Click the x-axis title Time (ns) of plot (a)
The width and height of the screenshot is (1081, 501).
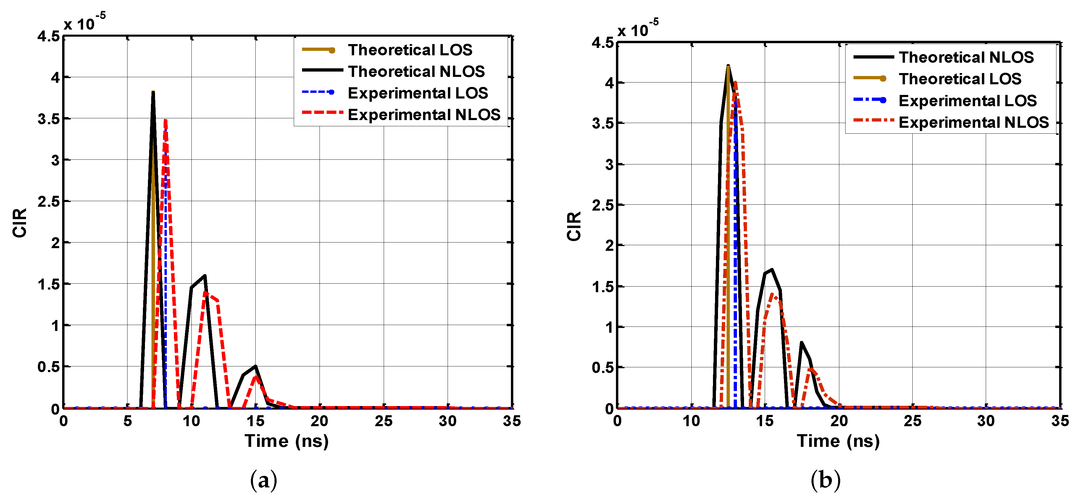(x=287, y=441)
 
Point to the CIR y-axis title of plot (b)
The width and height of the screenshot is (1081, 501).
(x=574, y=226)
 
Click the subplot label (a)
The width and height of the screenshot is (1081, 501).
(x=264, y=480)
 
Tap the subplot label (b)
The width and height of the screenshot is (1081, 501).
(x=825, y=480)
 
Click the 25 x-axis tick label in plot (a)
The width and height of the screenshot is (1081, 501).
(x=383, y=421)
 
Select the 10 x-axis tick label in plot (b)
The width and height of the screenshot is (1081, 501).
(x=691, y=421)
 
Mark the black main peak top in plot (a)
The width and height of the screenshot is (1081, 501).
(x=153, y=92)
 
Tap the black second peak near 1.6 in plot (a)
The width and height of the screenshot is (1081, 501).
(x=205, y=276)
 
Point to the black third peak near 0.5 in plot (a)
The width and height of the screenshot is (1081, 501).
(x=256, y=366)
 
